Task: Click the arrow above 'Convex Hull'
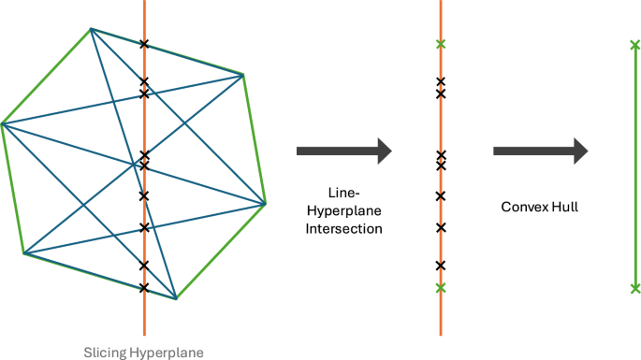pyautogui.click(x=540, y=151)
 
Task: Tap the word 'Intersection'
pyautogui.click(x=343, y=227)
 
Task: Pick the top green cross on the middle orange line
pyautogui.click(x=441, y=44)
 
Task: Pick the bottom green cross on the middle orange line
pyautogui.click(x=441, y=288)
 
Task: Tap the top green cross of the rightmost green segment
pyautogui.click(x=635, y=44)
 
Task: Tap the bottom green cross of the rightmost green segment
pyautogui.click(x=635, y=288)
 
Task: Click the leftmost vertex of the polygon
pyautogui.click(x=3, y=123)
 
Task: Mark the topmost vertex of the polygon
pyautogui.click(x=91, y=29)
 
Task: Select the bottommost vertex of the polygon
pyautogui.click(x=175, y=299)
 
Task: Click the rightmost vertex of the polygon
pyautogui.click(x=266, y=203)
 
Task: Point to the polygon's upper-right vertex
pyautogui.click(x=243, y=75)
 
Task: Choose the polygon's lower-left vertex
pyautogui.click(x=24, y=252)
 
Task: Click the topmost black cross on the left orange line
pyautogui.click(x=144, y=44)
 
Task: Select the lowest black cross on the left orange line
pyautogui.click(x=144, y=287)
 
